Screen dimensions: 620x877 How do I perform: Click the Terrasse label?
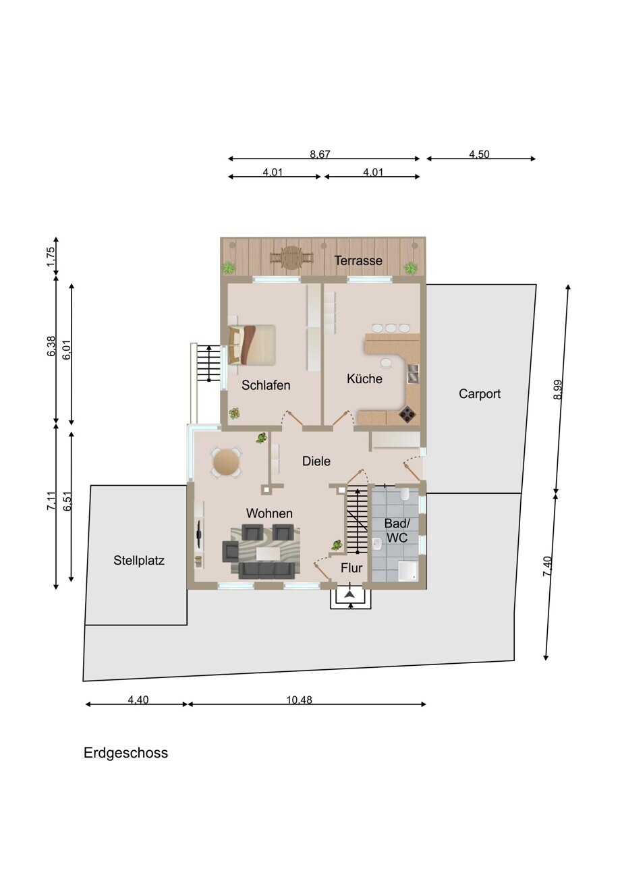point(358,260)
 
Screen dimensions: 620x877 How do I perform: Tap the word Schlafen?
point(266,385)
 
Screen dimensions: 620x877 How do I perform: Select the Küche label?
point(364,378)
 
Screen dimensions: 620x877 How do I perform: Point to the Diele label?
point(316,461)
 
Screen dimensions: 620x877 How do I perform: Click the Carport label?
point(480,394)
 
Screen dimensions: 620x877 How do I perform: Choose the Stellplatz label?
point(139,561)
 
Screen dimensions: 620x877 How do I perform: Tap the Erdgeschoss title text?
point(125,753)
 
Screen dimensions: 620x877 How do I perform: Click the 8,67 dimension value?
point(320,154)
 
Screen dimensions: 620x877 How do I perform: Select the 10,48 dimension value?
point(300,700)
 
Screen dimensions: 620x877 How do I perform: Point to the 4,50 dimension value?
point(479,154)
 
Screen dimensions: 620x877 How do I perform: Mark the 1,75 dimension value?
point(51,257)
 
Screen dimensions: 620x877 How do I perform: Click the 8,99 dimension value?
point(558,389)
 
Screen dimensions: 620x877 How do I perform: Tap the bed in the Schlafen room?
point(252,345)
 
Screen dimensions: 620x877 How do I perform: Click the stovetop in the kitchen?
point(407,415)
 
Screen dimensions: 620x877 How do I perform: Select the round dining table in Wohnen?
point(226,462)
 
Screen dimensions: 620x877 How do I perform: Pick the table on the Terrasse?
point(291,257)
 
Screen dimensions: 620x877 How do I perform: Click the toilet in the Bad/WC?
point(405,494)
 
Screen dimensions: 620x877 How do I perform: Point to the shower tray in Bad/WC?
point(408,572)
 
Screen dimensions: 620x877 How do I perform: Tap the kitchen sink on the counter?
point(414,374)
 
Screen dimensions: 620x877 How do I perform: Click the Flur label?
point(351,568)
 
